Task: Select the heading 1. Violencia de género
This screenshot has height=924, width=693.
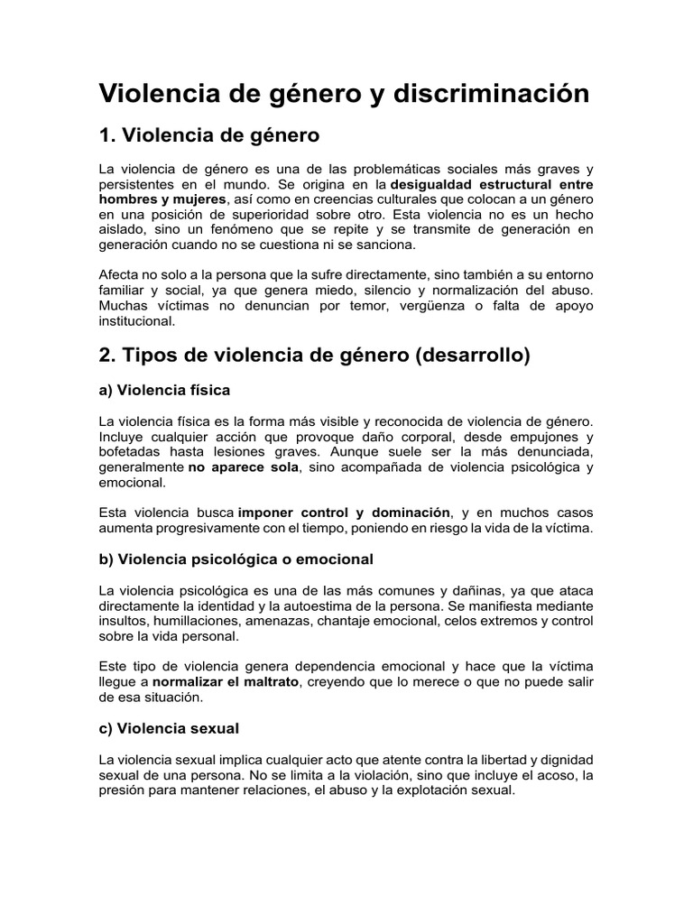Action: (x=208, y=136)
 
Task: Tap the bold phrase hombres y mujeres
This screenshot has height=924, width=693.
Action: (x=162, y=199)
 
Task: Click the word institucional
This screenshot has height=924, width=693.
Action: (x=138, y=320)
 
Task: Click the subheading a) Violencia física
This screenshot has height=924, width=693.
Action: (x=164, y=390)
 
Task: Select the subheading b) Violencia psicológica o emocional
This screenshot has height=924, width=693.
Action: (x=236, y=559)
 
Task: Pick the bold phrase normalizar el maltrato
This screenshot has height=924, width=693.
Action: (x=225, y=681)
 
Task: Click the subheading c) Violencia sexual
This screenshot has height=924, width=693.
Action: (x=169, y=726)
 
